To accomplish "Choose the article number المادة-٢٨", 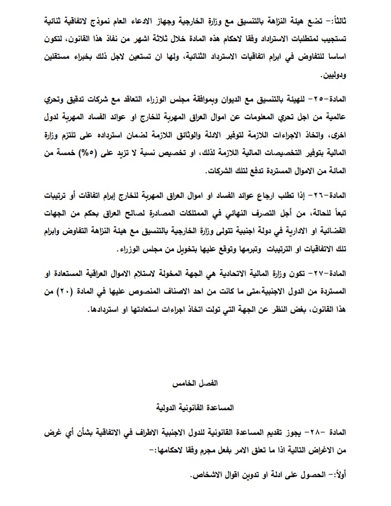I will tap(338, 432).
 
